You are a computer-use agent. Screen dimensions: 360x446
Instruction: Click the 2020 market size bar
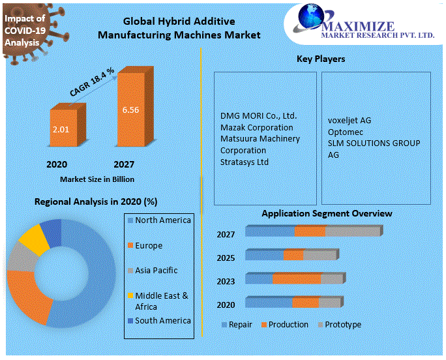click(64, 131)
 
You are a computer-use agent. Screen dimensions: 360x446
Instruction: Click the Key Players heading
click(321, 59)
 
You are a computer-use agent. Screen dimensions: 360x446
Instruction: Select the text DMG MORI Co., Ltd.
click(258, 115)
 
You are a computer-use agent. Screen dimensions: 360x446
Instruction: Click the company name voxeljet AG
click(349, 120)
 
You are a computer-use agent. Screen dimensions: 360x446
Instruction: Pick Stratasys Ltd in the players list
click(245, 162)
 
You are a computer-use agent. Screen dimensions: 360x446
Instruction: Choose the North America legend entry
click(162, 220)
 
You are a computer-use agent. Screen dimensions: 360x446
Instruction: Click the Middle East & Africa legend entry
click(162, 301)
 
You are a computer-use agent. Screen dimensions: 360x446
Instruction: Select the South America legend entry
click(162, 320)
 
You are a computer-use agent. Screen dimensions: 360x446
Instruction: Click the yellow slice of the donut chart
click(33, 239)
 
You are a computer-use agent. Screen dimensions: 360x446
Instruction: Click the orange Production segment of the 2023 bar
click(296, 279)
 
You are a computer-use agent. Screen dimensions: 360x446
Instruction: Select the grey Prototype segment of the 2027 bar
click(352, 232)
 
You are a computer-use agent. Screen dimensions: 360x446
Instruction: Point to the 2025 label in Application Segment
click(226, 258)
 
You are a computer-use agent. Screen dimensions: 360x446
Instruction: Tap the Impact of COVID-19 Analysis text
click(25, 30)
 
